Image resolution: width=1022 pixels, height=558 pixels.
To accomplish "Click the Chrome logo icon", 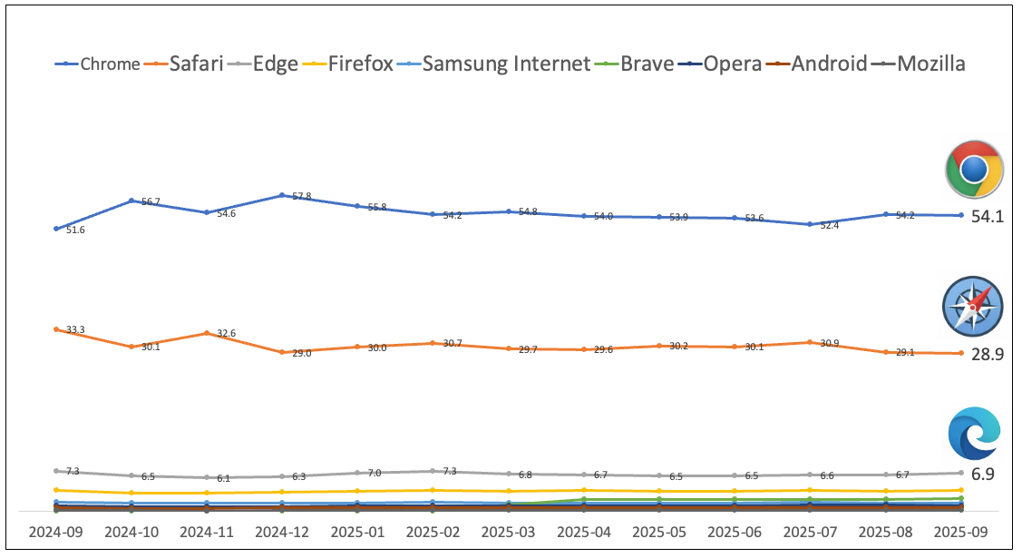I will pos(973,170).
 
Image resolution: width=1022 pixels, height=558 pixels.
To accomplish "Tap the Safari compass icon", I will pos(973,308).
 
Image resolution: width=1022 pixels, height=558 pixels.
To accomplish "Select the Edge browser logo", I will pos(973,434).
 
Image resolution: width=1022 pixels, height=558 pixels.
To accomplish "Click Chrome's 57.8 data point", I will pos(282,195).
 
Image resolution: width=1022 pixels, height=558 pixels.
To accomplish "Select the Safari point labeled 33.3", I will pos(56,329).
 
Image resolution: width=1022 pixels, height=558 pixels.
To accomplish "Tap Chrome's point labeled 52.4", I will pos(810,224).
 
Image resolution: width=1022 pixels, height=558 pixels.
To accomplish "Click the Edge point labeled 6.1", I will pos(207,477).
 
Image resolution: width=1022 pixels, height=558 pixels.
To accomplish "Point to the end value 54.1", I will pos(987,217).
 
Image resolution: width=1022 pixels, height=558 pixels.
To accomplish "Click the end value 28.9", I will pos(987,355).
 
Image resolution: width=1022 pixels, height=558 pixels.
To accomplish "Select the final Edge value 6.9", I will pos(983,475).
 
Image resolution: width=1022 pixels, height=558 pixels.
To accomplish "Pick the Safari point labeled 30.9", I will pos(810,342).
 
